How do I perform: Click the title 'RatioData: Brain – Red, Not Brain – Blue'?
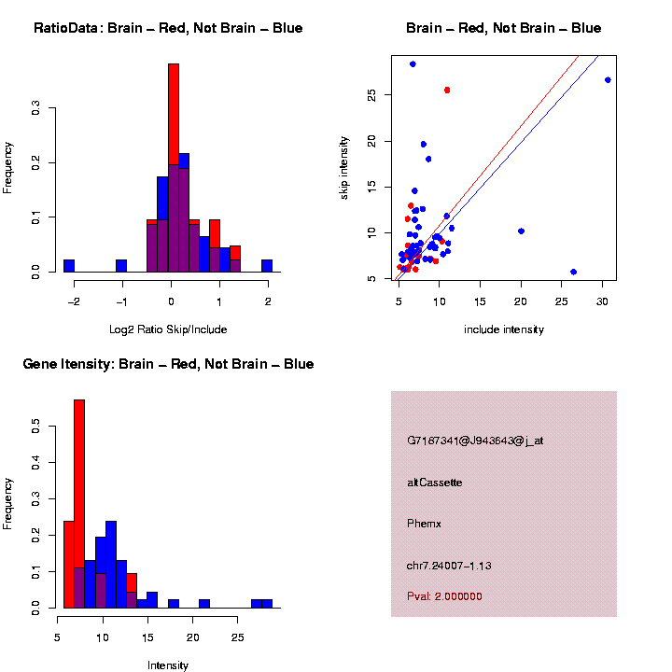[168, 28]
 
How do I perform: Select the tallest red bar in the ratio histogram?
[174, 112]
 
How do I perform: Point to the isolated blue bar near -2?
[69, 265]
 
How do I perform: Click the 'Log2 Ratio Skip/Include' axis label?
[168, 329]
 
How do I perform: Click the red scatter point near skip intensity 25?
[447, 90]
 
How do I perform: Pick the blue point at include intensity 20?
[521, 231]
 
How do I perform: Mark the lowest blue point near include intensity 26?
[573, 272]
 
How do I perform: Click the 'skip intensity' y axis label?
[344, 167]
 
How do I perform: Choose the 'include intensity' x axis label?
[504, 329]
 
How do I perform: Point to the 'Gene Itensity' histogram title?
[168, 364]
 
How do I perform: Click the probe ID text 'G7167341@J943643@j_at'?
[475, 441]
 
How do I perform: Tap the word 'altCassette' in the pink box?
[435, 483]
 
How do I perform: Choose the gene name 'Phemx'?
[425, 524]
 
